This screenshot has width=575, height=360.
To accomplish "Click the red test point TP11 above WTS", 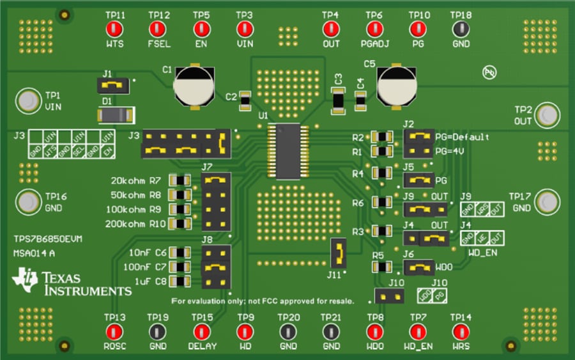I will pyautogui.click(x=115, y=29).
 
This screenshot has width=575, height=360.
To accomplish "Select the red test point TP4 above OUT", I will pyautogui.click(x=331, y=29).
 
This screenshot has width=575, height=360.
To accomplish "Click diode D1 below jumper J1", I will pyautogui.click(x=115, y=115).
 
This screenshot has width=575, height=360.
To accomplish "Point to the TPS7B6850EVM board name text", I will pyautogui.click(x=48, y=239).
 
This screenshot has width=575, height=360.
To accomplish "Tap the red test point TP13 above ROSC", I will pyautogui.click(x=115, y=331).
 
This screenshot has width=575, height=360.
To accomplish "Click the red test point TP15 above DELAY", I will pyautogui.click(x=201, y=331).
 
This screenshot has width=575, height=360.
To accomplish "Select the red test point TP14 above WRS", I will pyautogui.click(x=461, y=331).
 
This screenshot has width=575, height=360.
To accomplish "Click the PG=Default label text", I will pyautogui.click(x=462, y=137).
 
